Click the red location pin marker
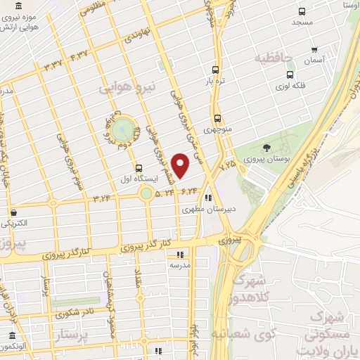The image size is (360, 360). (x=181, y=166)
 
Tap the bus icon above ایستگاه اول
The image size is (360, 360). (x=139, y=168)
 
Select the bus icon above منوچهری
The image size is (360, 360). (x=217, y=119)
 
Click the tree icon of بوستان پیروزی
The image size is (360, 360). (x=266, y=148)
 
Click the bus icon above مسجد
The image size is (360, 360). (x=302, y=11)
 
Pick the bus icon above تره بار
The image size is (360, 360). (x=215, y=70)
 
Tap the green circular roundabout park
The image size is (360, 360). (x=122, y=129)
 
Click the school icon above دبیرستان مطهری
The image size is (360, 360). (x=207, y=198)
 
